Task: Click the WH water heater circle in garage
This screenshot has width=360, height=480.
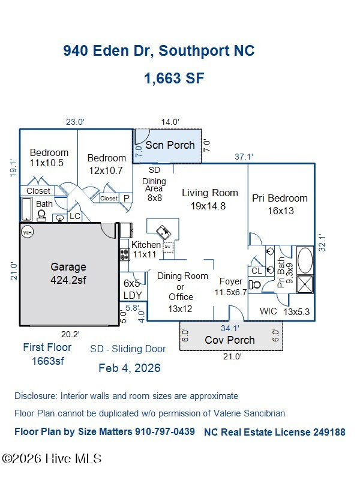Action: coord(28,233)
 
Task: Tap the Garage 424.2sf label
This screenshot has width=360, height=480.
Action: coord(68,274)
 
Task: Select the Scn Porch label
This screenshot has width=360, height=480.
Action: coord(170,145)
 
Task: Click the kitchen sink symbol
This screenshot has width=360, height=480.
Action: coord(164,232)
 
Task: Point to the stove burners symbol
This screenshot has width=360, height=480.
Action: coord(124,254)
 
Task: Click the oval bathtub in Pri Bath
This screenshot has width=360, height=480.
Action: coord(305,260)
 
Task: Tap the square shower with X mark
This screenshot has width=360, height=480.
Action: coord(305,284)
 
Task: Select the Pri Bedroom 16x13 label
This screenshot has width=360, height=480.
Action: coord(280,205)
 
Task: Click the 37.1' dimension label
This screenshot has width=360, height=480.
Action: coord(244,157)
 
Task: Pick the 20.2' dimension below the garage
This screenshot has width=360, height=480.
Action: coord(70,334)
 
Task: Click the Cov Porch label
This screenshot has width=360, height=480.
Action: coord(230,340)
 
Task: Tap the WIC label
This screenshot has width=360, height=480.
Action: coord(268,311)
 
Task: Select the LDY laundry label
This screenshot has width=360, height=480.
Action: coord(133,295)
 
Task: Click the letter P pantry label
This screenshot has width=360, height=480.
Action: coord(127,199)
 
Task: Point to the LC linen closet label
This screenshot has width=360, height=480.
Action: coord(74,216)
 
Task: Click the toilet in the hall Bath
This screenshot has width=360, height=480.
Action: coord(41,215)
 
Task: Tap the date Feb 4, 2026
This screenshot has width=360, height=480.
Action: coord(130,368)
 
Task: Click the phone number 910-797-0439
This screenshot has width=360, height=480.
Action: coord(165,431)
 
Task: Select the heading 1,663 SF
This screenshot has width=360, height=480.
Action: coord(174,78)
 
